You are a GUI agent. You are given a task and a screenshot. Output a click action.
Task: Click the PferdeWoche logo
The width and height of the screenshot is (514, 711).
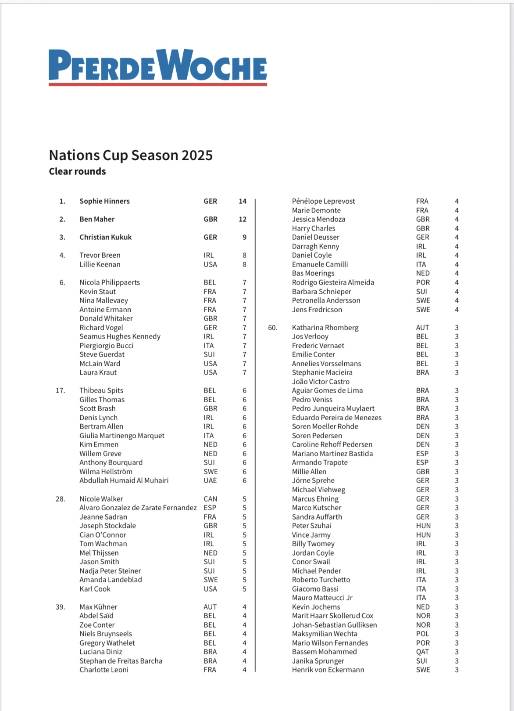[158, 67]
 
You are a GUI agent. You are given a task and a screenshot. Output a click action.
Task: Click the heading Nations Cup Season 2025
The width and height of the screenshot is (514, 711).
[131, 155]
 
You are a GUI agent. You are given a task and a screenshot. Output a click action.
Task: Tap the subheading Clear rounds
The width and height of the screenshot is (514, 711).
[77, 171]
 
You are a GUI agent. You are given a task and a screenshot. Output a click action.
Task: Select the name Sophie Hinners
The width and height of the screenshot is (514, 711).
[104, 201]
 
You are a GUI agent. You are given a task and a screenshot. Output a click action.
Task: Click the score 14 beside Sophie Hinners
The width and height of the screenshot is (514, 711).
[243, 201]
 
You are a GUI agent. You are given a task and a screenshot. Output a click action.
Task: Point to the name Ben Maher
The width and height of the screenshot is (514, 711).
[97, 219]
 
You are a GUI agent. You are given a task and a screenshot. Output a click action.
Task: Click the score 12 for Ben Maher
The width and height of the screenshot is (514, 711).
[243, 219]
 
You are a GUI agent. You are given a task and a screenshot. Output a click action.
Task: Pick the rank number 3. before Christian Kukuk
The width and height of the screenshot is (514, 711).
[62, 237]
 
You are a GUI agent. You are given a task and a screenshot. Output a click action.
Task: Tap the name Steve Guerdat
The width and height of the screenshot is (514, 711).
[102, 354]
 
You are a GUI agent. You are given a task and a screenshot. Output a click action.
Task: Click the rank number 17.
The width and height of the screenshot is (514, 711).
[61, 390]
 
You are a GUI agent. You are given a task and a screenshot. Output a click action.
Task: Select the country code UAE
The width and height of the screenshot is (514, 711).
[210, 480]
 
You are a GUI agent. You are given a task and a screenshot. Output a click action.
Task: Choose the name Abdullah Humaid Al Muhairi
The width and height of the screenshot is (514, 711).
[124, 480]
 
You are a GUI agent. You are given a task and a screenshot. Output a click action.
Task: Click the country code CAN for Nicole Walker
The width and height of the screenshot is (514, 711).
[210, 499]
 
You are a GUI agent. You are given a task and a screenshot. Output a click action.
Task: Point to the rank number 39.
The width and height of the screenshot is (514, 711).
[61, 607]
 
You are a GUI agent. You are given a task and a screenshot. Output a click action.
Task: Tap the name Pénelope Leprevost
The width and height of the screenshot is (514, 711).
[323, 201]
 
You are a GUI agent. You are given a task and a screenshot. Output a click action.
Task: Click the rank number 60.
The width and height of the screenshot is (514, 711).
[273, 328]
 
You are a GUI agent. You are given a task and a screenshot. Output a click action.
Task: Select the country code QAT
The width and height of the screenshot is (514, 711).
[422, 652]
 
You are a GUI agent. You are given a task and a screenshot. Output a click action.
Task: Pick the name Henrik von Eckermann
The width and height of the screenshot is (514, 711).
[328, 670]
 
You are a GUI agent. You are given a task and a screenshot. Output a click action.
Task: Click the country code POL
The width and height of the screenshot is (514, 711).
[422, 634]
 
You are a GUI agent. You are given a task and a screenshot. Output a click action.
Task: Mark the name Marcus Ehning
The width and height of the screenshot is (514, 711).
[315, 499]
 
